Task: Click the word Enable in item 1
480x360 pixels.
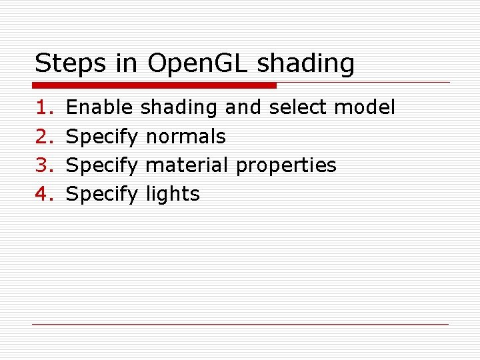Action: tap(100, 107)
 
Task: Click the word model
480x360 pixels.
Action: tap(365, 107)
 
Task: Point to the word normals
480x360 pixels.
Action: tap(185, 137)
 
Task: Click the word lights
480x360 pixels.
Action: tap(172, 195)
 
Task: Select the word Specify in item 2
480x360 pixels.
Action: tap(102, 137)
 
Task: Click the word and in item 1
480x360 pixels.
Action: tap(243, 107)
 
